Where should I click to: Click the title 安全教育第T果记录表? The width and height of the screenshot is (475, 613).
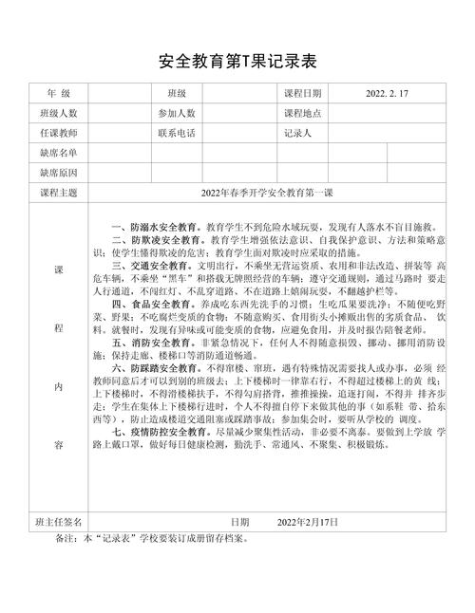(x=237, y=62)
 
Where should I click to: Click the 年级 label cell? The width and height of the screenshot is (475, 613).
(x=58, y=94)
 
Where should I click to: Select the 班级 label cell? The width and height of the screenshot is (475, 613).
(x=177, y=94)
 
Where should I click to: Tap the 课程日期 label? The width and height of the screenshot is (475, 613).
(x=303, y=94)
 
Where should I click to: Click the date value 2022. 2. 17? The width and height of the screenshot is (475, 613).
(x=387, y=94)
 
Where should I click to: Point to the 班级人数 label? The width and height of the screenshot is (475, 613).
(x=58, y=113)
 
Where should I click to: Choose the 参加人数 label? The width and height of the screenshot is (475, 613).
(x=177, y=113)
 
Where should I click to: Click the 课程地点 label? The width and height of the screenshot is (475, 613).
(x=303, y=113)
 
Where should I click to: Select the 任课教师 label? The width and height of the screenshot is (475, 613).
(x=58, y=133)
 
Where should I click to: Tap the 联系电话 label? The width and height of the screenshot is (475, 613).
(x=177, y=133)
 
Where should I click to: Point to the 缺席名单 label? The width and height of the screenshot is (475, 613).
(x=58, y=152)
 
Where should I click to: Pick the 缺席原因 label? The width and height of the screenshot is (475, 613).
(x=58, y=172)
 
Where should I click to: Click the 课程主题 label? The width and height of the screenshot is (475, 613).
(x=58, y=193)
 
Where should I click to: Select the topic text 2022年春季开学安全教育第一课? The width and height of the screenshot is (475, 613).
(x=267, y=193)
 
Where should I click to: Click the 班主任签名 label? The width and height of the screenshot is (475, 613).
(x=58, y=521)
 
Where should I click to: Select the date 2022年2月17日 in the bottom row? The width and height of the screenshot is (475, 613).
(x=309, y=521)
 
